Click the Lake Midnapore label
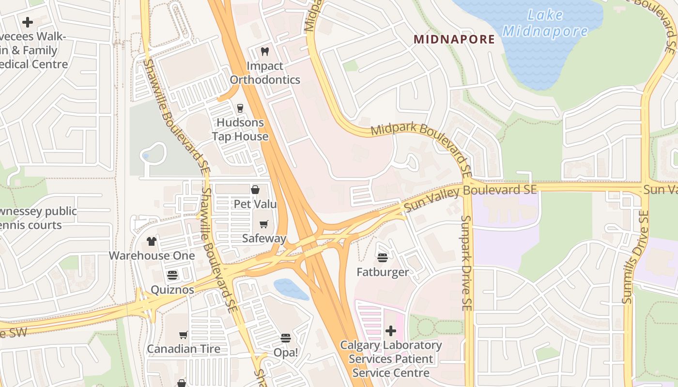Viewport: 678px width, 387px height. tap(545, 23)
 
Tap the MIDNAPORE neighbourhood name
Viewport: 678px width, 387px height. tap(454, 40)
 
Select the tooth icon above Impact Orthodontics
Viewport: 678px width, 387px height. tap(264, 51)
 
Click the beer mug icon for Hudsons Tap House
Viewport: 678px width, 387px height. tap(240, 108)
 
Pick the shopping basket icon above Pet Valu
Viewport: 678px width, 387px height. tap(255, 190)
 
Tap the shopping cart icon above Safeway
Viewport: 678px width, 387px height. tap(264, 224)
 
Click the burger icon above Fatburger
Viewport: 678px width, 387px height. tap(383, 258)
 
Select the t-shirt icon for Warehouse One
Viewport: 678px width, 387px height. tap(152, 241)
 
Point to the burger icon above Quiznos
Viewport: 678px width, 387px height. tap(172, 275)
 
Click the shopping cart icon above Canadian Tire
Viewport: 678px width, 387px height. tap(184, 335)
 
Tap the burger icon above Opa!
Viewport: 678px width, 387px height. tap(286, 338)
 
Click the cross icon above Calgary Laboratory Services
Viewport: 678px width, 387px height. tap(390, 331)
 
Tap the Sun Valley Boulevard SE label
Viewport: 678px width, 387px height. tap(470, 197)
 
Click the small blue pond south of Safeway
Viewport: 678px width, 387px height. tap(291, 289)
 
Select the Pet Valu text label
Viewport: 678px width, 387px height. tap(255, 204)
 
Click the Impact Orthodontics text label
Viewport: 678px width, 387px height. tap(265, 73)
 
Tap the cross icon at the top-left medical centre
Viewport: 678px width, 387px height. tap(28, 22)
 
